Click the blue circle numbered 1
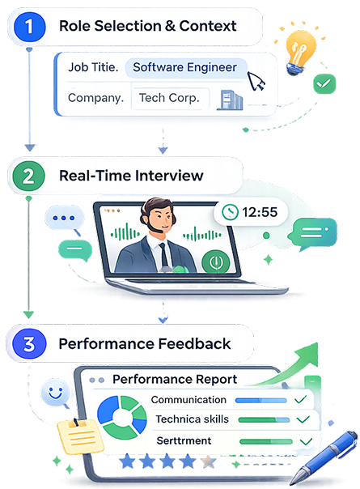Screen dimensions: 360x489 click(x=29, y=27)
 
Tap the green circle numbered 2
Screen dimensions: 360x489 click(x=28, y=176)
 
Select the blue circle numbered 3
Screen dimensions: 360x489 click(x=29, y=344)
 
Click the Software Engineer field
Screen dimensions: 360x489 click(x=186, y=68)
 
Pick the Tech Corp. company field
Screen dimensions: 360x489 click(x=170, y=98)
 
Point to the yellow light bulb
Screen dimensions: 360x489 click(x=300, y=52)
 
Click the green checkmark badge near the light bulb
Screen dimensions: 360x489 click(x=324, y=83)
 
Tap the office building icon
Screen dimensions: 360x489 click(x=230, y=100)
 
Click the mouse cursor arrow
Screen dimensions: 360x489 click(x=256, y=81)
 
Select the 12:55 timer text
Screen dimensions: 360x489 click(x=260, y=212)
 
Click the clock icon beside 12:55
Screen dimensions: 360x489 click(x=230, y=212)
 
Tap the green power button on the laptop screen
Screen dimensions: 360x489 click(x=215, y=262)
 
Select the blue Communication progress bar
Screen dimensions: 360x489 click(x=260, y=400)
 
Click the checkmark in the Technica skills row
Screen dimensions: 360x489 click(x=303, y=419)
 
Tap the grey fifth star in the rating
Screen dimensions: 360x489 click(x=209, y=461)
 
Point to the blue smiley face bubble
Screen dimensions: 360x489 click(x=56, y=393)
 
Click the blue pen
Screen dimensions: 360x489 click(x=324, y=457)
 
